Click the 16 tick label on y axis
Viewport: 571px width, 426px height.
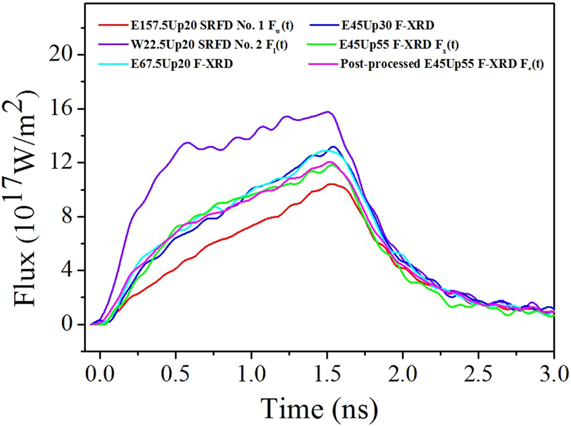tap(63, 108)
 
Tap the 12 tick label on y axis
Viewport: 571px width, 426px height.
tap(63, 163)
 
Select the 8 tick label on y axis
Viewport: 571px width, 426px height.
tap(69, 217)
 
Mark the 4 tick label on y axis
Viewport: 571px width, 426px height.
tap(69, 271)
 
